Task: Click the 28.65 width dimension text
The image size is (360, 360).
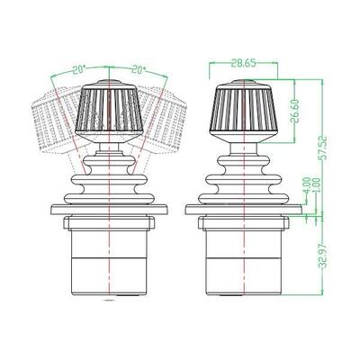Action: (244, 64)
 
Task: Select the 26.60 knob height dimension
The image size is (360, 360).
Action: (295, 111)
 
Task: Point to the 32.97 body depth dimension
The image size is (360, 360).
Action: (322, 256)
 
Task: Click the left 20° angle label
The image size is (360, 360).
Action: (78, 70)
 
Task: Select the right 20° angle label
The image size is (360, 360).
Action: (139, 70)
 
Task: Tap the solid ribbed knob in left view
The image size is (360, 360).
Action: (109, 112)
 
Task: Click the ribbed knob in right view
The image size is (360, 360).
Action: (243, 112)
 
